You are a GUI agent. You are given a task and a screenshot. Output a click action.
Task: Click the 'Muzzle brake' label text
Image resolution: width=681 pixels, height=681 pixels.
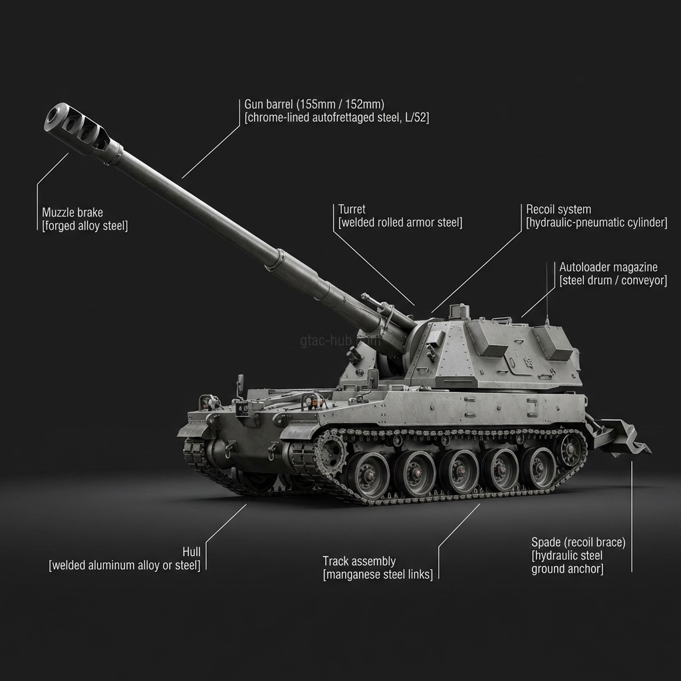tap(72, 213)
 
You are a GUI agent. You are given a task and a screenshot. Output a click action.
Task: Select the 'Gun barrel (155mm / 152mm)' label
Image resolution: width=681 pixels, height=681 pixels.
tap(314, 104)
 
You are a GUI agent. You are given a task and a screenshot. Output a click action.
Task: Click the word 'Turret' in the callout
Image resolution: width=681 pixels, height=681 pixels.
tap(352, 209)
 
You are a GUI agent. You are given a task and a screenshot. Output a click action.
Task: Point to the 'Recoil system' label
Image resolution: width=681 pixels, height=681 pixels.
tap(559, 209)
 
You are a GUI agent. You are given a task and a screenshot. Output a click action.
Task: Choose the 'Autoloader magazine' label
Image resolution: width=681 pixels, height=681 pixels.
tap(608, 267)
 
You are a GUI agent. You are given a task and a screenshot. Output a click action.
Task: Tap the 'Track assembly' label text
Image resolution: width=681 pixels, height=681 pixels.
tap(359, 561)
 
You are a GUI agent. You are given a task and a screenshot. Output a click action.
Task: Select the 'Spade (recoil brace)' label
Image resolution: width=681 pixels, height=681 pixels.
tap(578, 542)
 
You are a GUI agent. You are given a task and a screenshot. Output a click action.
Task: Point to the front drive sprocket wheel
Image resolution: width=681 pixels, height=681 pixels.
tap(331, 453)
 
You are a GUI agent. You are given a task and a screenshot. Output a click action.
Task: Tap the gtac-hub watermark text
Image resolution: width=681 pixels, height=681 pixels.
tap(326, 340)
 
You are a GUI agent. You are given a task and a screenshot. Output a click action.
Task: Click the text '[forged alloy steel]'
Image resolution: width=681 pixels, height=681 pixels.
tap(84, 226)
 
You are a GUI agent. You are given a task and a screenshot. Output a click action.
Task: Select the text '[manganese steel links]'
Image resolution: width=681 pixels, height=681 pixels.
tap(377, 575)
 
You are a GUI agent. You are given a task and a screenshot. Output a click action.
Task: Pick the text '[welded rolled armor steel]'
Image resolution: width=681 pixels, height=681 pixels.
tap(400, 223)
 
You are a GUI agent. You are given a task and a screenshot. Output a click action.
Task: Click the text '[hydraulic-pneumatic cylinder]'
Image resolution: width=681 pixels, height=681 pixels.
tap(597, 223)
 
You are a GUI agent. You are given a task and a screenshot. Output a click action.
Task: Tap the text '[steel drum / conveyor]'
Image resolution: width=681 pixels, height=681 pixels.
tap(613, 281)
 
